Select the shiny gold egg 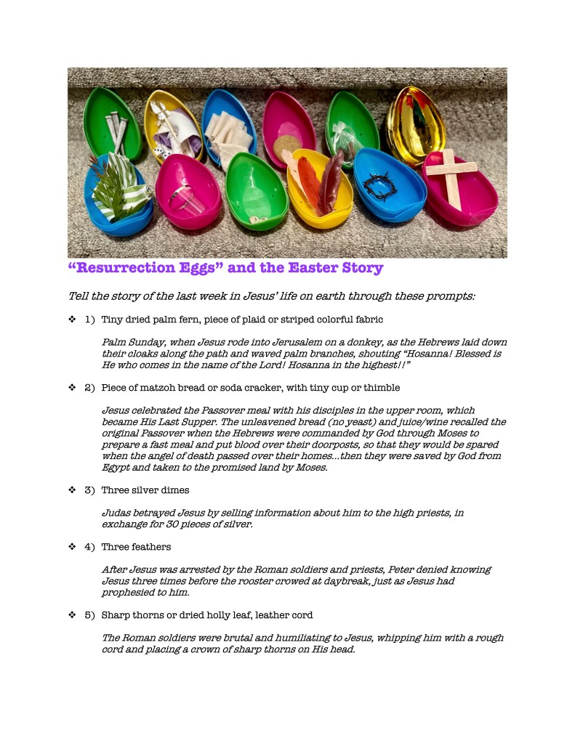(415, 118)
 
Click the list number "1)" (90, 319)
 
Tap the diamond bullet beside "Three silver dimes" (72, 490)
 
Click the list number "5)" (90, 615)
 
